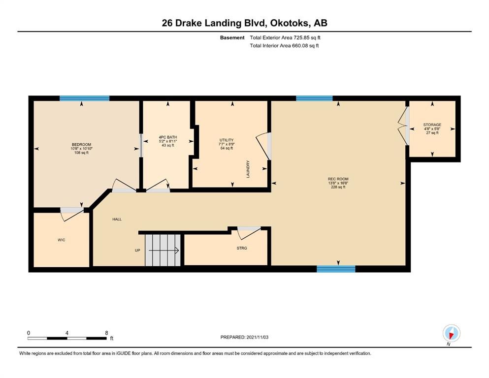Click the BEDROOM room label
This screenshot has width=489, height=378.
coord(81,145)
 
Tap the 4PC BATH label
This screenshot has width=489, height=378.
coord(168,137)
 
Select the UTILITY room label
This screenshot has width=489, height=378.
coord(227,140)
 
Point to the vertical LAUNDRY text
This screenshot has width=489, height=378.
coord(248,169)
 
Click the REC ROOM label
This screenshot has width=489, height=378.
coord(338,179)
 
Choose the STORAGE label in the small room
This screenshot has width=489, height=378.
coord(432,125)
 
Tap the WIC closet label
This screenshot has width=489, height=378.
coord(62,240)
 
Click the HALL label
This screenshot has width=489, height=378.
coord(117,220)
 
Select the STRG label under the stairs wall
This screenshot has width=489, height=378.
coord(242,248)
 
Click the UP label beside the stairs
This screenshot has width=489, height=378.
coord(137,250)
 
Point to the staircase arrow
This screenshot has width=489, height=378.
coord(163,250)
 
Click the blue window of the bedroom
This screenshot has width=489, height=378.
coord(85,98)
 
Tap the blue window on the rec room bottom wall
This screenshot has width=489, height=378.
coord(336,269)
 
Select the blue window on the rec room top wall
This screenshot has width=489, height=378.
coord(314,98)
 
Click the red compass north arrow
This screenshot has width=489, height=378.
coord(451,335)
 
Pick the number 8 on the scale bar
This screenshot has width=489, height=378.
coord(106,333)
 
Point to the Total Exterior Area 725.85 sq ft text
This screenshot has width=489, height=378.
coord(285,38)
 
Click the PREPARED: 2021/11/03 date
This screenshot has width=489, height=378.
coord(244,337)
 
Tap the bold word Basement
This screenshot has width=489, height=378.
coord(232,38)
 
